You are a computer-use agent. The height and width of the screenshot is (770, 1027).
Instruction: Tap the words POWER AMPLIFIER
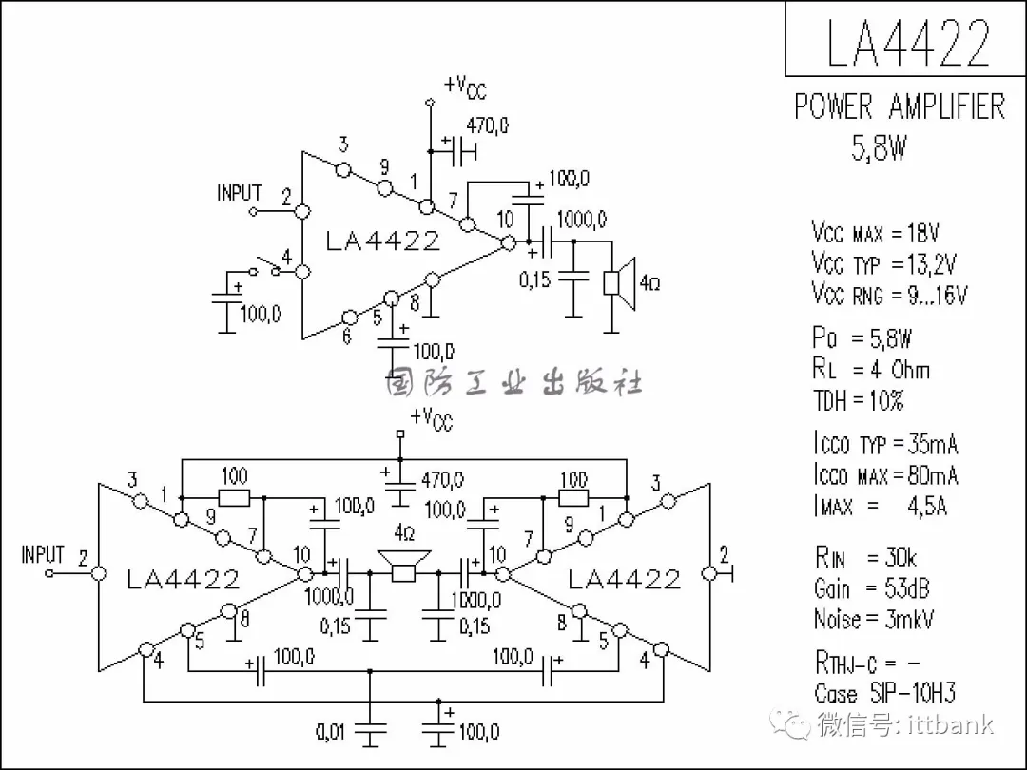(x=899, y=106)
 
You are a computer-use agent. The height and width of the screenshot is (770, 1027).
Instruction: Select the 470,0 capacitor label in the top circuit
(x=488, y=125)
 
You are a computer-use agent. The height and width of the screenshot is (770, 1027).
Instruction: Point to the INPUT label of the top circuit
(x=239, y=193)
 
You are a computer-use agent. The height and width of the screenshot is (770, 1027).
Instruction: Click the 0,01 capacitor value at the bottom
(x=332, y=733)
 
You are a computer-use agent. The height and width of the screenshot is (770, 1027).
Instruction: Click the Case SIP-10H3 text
(x=884, y=693)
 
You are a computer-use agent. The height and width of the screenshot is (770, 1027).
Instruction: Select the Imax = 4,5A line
(x=880, y=506)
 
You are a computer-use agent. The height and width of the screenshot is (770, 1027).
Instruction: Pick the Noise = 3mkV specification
(x=874, y=620)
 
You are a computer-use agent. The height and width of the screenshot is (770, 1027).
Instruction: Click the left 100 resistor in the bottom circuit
(x=234, y=497)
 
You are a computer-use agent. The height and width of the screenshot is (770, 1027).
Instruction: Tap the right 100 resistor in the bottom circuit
(x=572, y=497)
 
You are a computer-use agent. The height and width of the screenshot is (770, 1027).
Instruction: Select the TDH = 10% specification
(x=858, y=400)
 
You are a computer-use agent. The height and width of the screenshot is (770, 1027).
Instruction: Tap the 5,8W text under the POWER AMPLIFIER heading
(x=879, y=148)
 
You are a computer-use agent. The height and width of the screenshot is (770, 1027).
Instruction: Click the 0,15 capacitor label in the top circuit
(x=534, y=280)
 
